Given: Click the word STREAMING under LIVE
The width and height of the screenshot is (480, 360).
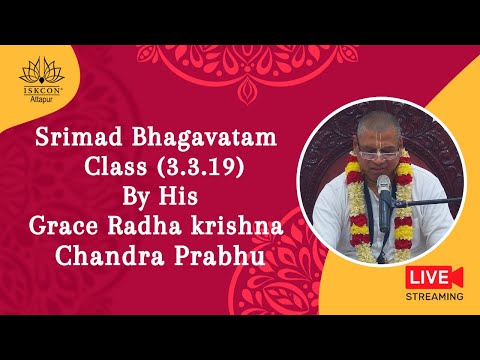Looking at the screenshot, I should point(434,297).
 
